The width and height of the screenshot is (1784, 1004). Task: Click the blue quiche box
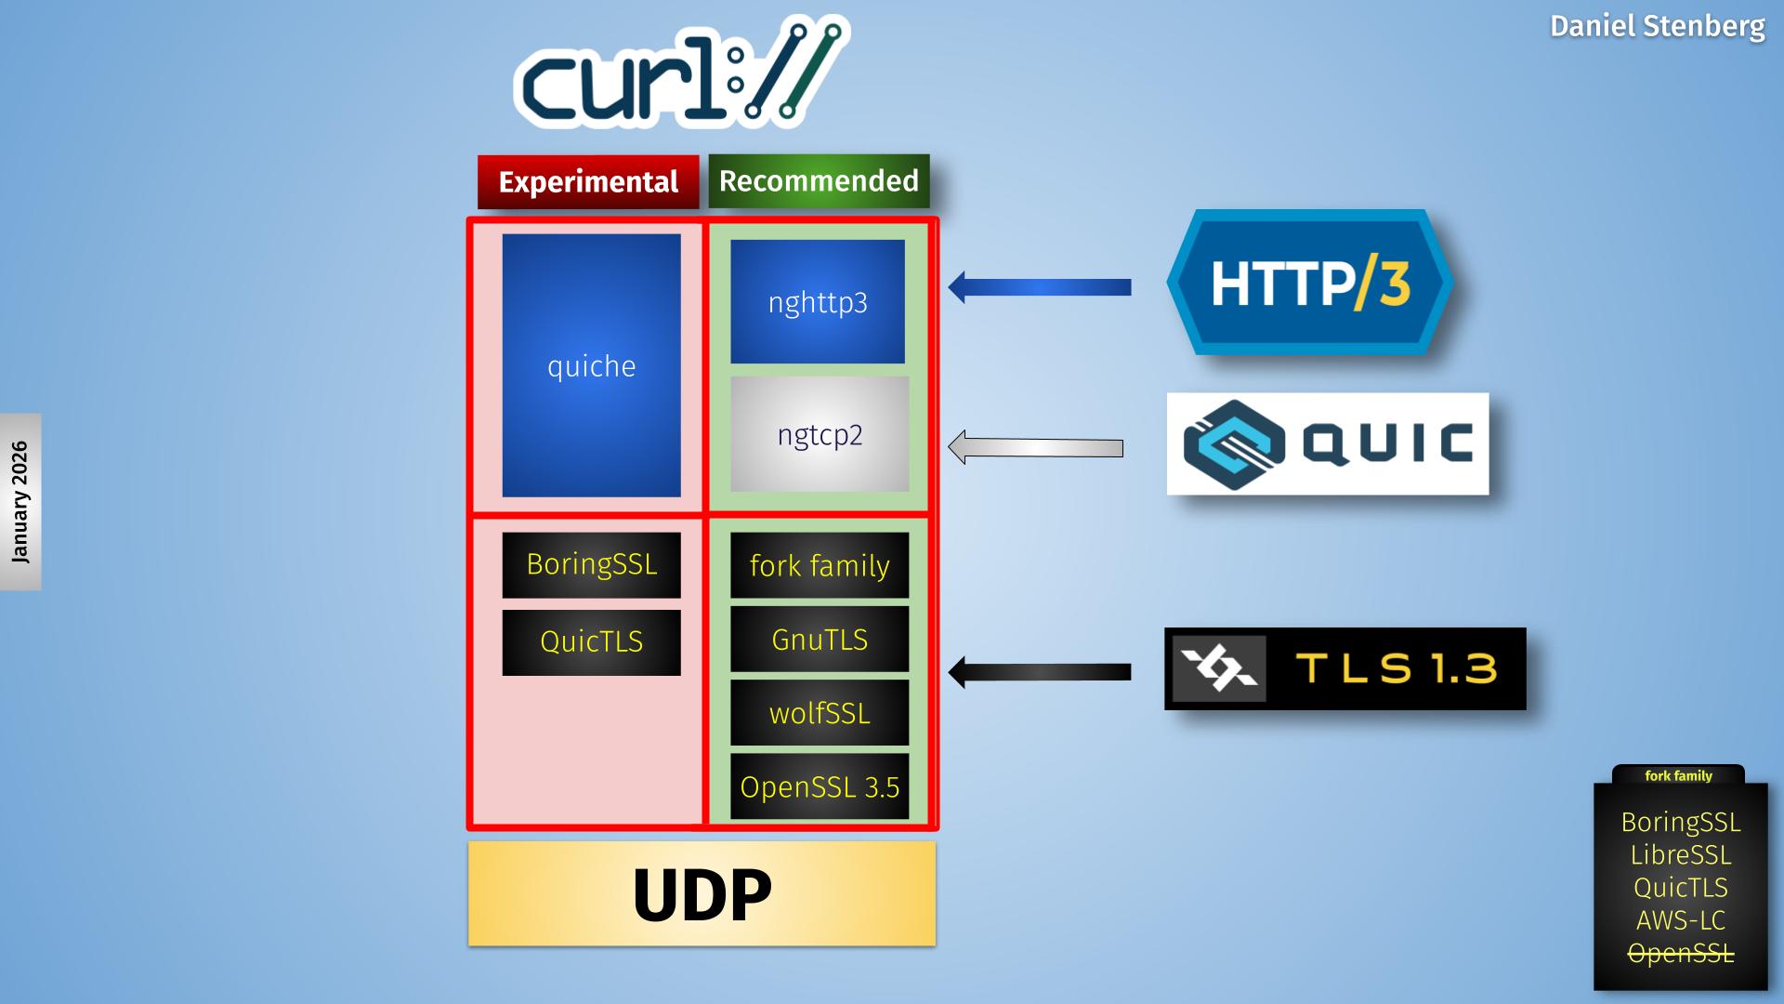tap(591, 365)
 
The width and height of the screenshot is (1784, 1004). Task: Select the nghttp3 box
tap(818, 301)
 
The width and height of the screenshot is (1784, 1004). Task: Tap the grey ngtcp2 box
tap(820, 434)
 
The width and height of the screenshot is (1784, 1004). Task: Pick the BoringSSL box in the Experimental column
tap(591, 564)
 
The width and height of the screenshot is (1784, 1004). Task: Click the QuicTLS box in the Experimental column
tap(591, 641)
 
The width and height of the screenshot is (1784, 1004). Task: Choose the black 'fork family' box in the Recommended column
tap(820, 565)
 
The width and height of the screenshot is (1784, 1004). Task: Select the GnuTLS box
tap(820, 640)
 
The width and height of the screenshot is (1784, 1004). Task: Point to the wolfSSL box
tap(820, 713)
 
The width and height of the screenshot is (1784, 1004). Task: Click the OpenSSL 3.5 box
tap(820, 786)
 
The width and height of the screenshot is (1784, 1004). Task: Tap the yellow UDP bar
tap(702, 894)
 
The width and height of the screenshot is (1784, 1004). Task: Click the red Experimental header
tap(588, 181)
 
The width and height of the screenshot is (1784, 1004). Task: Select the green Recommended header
tap(819, 180)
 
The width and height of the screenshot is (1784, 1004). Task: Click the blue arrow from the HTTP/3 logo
tap(1041, 287)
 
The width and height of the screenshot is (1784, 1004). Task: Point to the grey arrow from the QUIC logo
tap(1036, 447)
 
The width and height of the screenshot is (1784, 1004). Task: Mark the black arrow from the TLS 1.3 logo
tap(1041, 672)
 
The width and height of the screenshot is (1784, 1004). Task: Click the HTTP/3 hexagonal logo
tap(1309, 283)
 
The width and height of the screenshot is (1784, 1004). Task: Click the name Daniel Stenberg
tap(1657, 26)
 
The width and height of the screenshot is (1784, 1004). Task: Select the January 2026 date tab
tap(20, 502)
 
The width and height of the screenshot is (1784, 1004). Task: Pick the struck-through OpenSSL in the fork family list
tap(1681, 953)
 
